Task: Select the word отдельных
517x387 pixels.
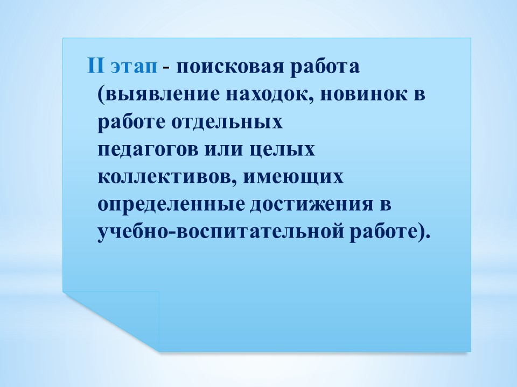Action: click(227, 123)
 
